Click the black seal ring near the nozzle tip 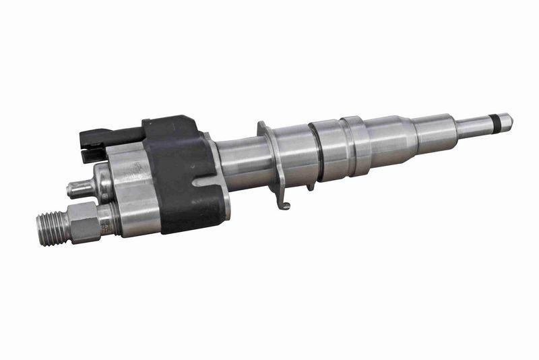click(x=497, y=121)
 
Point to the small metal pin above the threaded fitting click(x=80, y=189)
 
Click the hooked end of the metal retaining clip click(x=285, y=204)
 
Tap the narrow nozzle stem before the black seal click(x=475, y=125)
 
